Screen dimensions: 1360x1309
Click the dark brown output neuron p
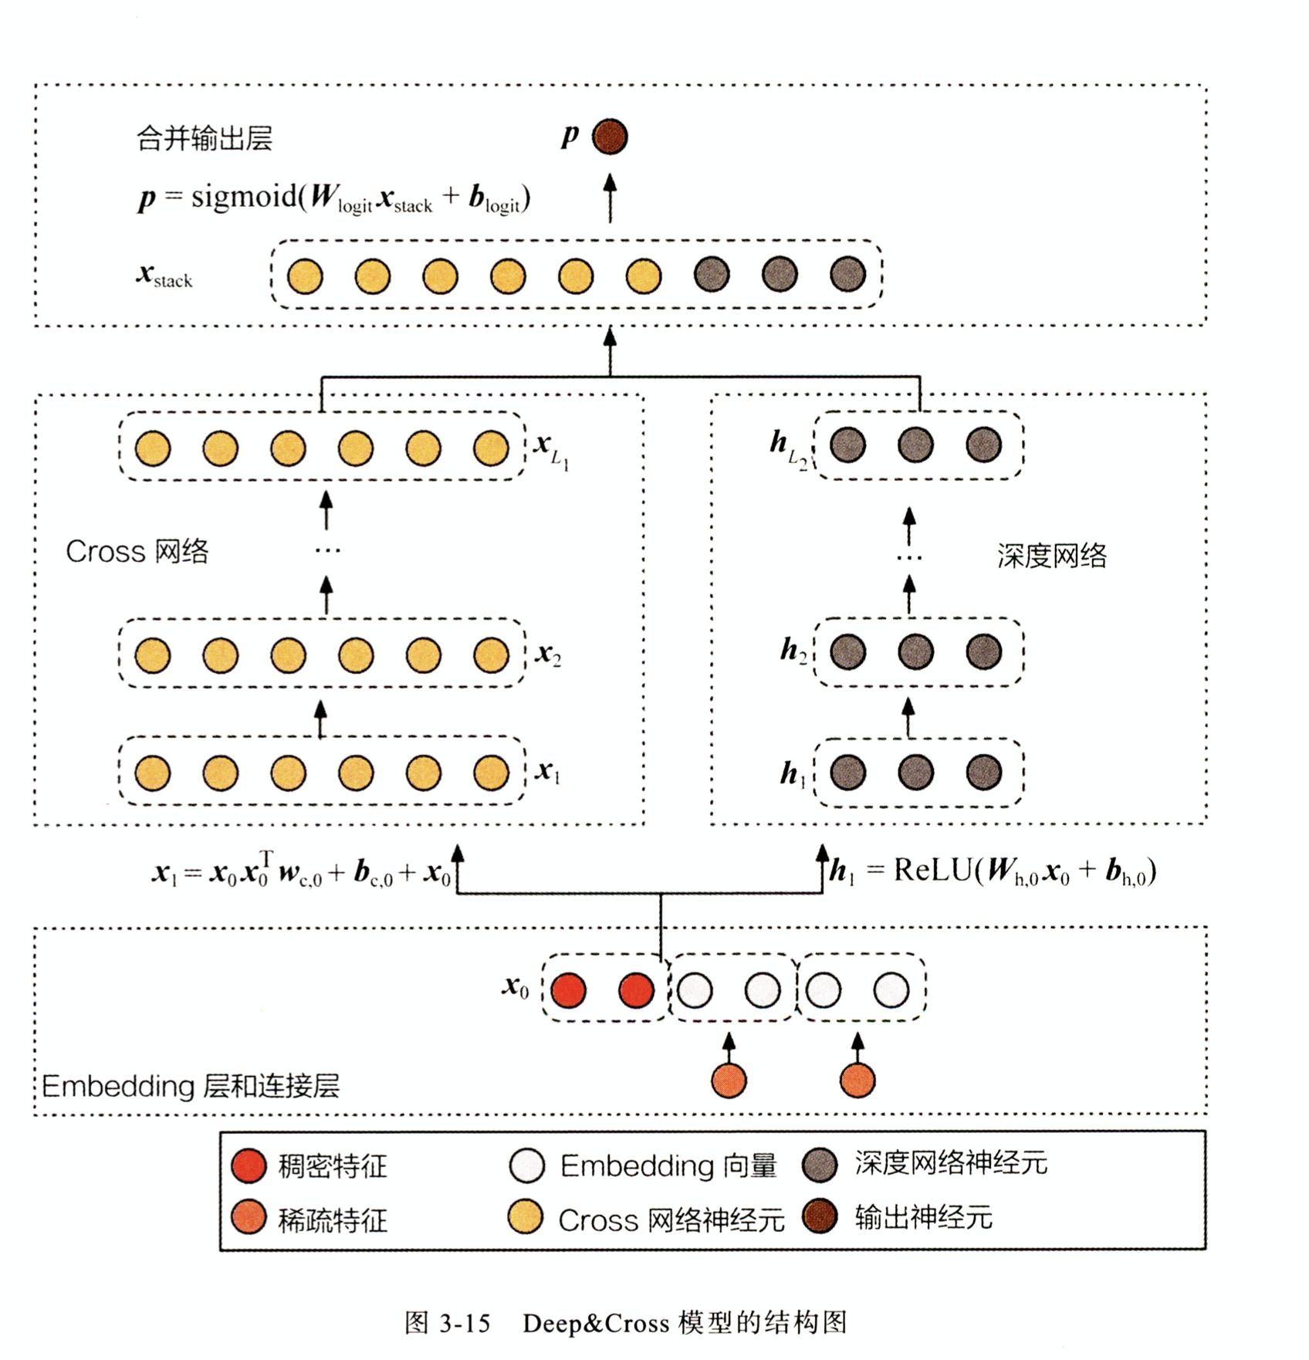[610, 137]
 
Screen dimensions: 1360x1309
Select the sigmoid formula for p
[334, 198]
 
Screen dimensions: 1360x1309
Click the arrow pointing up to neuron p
[610, 198]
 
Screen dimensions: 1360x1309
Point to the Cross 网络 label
[137, 552]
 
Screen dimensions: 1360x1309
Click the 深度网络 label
[1051, 556]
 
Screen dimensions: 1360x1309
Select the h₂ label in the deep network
[793, 651]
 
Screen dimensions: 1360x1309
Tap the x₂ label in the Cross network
[548, 655]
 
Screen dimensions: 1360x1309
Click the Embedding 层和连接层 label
[191, 1086]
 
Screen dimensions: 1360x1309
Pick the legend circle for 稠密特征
[249, 1165]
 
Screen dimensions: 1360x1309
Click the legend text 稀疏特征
[332, 1220]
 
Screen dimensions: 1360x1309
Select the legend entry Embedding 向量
[668, 1165]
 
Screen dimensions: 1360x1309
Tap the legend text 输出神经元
[923, 1217]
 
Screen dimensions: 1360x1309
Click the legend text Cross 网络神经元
[671, 1220]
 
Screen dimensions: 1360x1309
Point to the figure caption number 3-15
[465, 1323]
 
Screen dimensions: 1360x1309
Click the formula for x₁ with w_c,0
[301, 871]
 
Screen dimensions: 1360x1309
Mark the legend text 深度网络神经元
[951, 1163]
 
